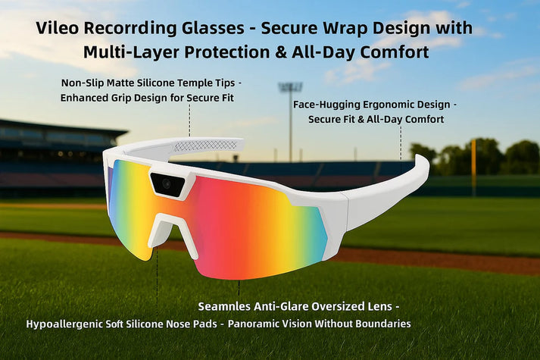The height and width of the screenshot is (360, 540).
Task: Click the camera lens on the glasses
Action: (167, 183)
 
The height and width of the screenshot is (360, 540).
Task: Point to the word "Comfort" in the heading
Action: (397, 52)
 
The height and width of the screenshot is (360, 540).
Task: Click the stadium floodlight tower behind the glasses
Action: (290, 114)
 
